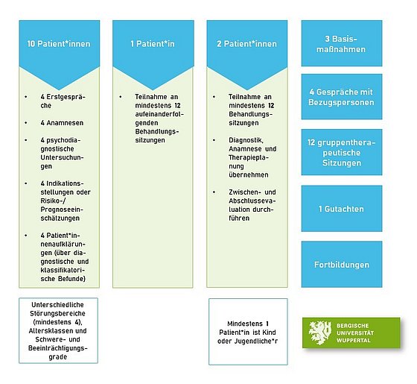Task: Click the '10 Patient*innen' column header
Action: tap(59, 44)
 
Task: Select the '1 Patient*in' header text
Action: tap(153, 44)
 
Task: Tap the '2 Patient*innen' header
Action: tap(246, 44)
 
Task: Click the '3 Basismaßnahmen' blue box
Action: tap(342, 43)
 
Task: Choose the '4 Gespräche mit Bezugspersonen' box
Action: tap(342, 97)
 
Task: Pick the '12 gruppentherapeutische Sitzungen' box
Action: tap(342, 152)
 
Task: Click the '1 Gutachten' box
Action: tap(342, 209)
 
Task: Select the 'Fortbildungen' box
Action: tap(342, 265)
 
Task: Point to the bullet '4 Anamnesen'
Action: tap(62, 123)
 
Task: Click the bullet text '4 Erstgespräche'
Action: tap(63, 101)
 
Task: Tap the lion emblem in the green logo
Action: tap(320, 333)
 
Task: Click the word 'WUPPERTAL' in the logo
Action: tap(354, 340)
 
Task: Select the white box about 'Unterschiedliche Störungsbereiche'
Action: tap(59, 330)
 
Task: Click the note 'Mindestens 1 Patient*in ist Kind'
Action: tap(248, 332)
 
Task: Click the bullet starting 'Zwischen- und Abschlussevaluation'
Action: tap(252, 205)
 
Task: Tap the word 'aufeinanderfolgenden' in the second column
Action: tap(159, 119)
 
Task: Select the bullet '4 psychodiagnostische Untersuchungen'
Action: tap(63, 153)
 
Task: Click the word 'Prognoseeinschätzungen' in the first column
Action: tap(62, 214)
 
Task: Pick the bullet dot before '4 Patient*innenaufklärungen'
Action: tap(26, 236)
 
